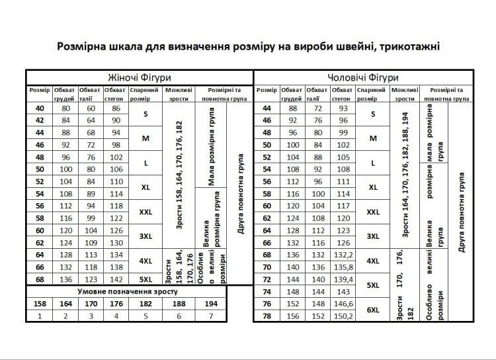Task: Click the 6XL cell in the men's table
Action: click(x=373, y=310)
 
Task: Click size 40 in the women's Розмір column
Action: click(x=39, y=109)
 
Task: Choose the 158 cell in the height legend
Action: click(x=39, y=303)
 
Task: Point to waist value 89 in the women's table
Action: click(x=91, y=194)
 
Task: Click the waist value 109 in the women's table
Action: click(x=91, y=242)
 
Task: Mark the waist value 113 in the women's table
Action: click(x=91, y=255)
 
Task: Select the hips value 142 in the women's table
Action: click(x=116, y=279)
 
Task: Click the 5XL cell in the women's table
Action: click(x=146, y=279)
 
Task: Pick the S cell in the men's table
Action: click(x=373, y=114)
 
